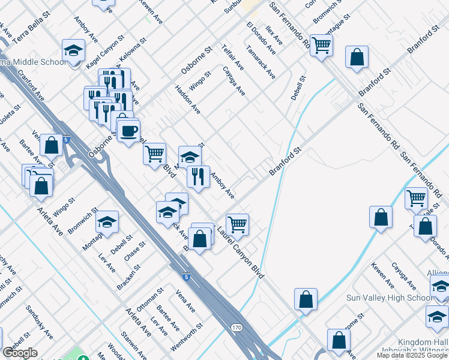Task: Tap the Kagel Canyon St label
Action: tap(104, 53)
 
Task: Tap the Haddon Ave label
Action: tap(188, 100)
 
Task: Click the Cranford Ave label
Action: tap(31, 87)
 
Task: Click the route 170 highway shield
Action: tap(237, 328)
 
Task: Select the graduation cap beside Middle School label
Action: tap(74, 50)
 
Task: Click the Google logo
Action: tap(20, 353)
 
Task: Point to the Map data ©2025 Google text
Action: tap(412, 355)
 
